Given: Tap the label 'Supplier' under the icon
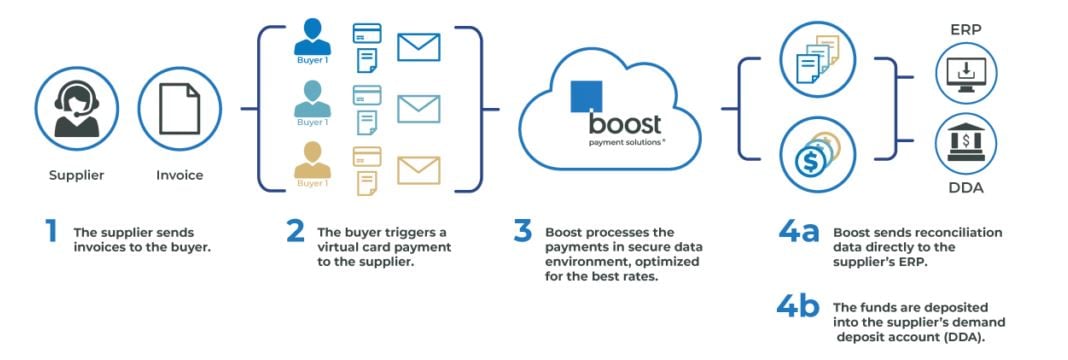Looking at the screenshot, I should tap(76, 175).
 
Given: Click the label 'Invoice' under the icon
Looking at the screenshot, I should tap(180, 175).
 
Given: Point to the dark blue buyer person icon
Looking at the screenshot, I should tap(312, 38).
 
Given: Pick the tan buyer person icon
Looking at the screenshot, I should tap(312, 161).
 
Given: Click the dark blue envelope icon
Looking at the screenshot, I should tap(418, 47).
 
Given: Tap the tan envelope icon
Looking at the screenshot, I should tap(418, 170).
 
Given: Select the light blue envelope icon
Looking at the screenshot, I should tap(418, 108).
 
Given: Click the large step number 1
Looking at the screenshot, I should tap(50, 231).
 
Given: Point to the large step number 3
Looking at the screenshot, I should tap(522, 231).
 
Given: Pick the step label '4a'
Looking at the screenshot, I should tap(798, 231).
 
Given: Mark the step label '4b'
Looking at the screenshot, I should tap(798, 306).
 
